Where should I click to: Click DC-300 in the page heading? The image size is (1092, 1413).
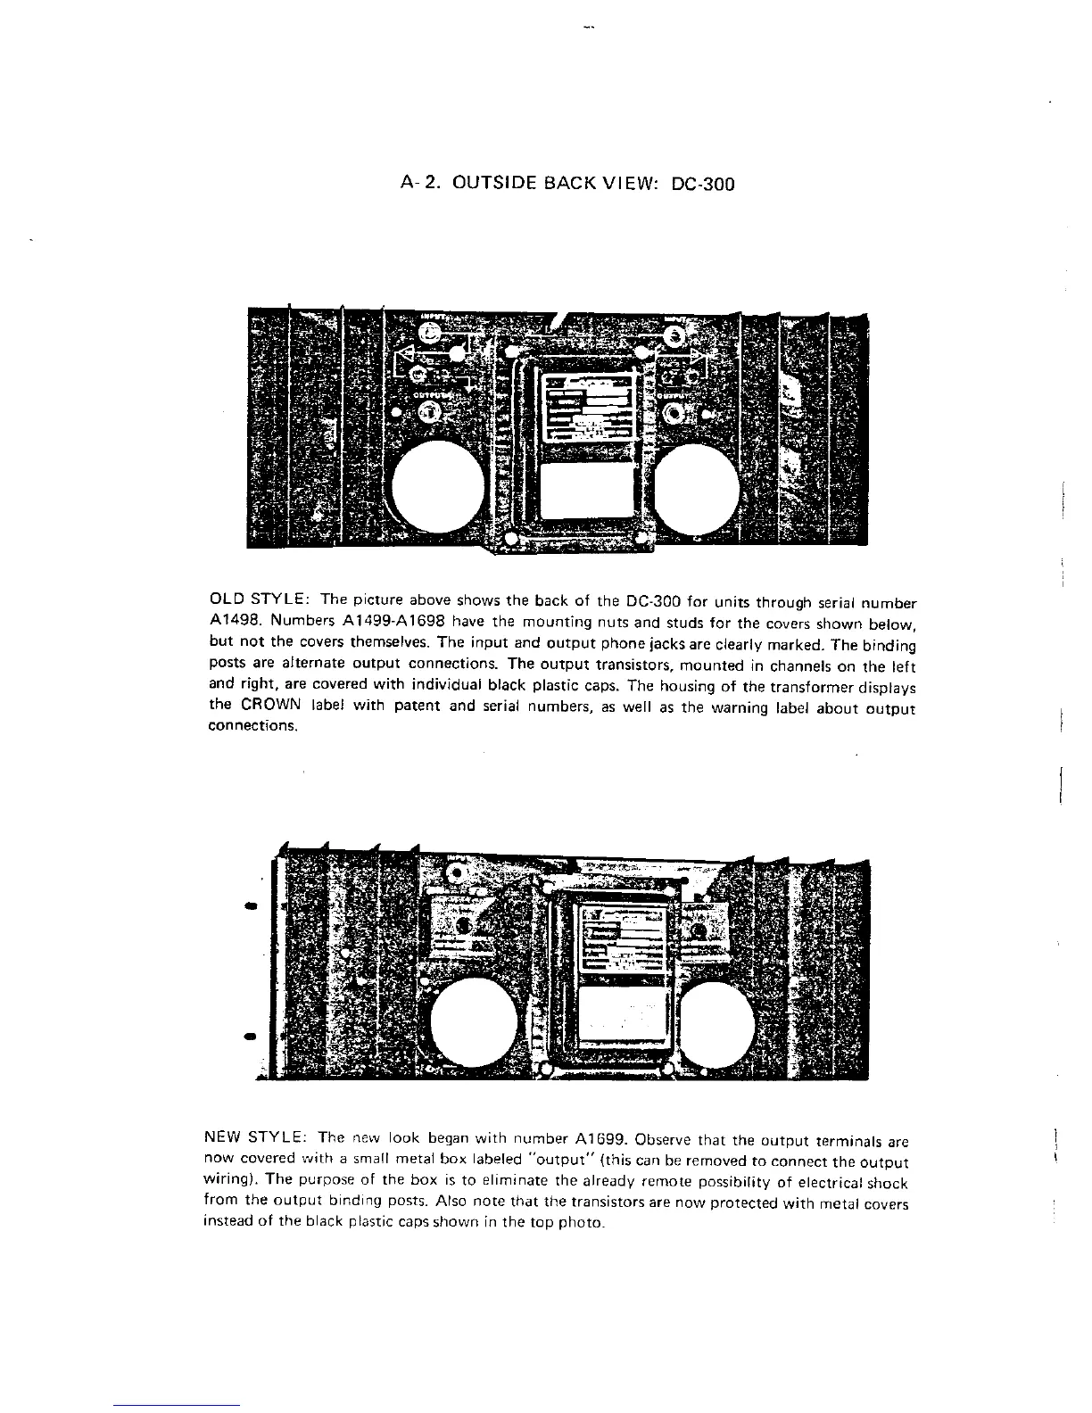pos(701,185)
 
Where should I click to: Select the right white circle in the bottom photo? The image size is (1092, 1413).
pos(724,1023)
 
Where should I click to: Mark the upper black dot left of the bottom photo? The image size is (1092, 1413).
pos(251,905)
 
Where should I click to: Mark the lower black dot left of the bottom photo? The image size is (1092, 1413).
pos(251,1036)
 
